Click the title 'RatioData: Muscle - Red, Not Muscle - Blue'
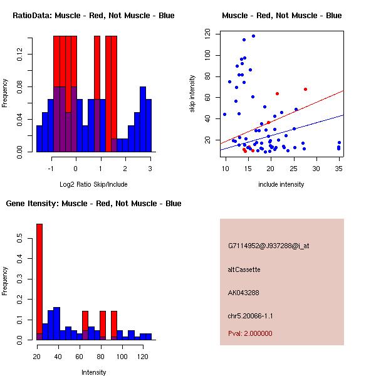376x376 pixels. [x=93, y=16]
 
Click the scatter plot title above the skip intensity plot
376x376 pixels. [x=282, y=16]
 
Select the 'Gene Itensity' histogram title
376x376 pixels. [x=93, y=204]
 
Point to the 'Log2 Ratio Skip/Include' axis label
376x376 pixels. [x=93, y=184]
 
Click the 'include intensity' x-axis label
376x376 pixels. [x=282, y=184]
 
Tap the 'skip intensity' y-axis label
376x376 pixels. [x=192, y=94]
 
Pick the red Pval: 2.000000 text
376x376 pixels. [x=249, y=333]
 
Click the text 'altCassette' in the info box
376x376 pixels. [x=244, y=269]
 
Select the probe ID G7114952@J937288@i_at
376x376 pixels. [x=268, y=246]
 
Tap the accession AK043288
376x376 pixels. [x=244, y=293]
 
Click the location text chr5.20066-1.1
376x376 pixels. [x=251, y=316]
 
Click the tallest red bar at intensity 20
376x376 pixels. [x=39, y=282]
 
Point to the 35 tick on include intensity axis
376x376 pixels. [x=338, y=168]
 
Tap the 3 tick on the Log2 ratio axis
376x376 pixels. [x=150, y=168]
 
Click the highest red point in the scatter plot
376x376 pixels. [x=305, y=89]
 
